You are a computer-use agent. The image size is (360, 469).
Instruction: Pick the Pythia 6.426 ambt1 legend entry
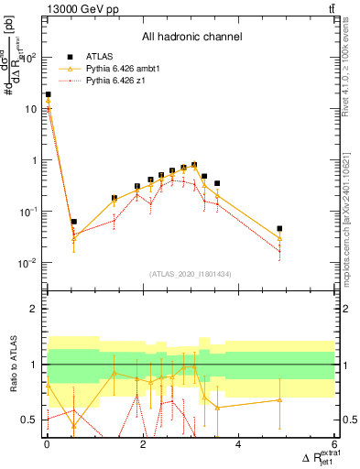tap(119, 69)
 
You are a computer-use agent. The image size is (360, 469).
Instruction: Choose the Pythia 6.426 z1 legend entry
tap(114, 82)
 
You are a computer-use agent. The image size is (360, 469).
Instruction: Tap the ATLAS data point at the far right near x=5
tap(279, 228)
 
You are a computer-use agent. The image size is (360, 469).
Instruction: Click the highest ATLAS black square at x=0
tap(48, 94)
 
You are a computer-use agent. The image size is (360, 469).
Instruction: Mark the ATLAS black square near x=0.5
tap(73, 222)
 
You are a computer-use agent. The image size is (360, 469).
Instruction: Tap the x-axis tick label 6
tap(334, 444)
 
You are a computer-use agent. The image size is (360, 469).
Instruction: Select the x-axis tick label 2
tap(143, 444)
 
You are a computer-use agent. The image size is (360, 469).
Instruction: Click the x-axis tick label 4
tap(238, 444)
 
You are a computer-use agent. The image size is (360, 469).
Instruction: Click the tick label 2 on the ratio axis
tap(35, 309)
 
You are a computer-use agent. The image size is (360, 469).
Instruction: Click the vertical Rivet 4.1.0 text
tap(349, 69)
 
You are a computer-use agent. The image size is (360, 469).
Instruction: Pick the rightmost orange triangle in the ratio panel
tap(279, 399)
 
